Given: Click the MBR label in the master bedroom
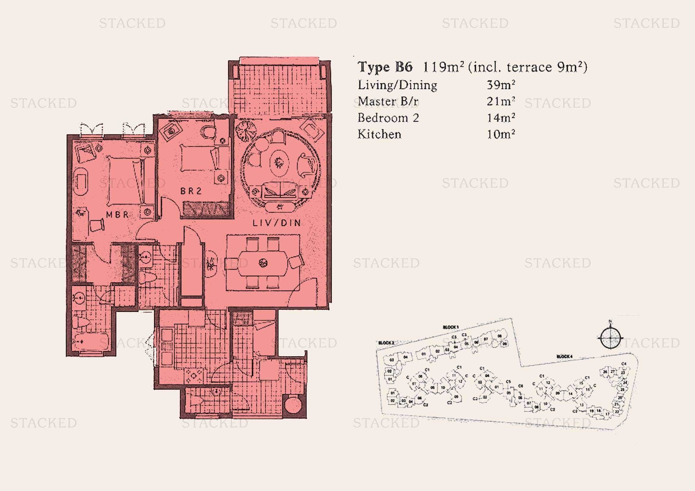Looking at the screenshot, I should [x=117, y=215].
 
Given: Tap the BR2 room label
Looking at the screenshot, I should [x=191, y=191].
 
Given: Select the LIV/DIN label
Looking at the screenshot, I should [x=277, y=223].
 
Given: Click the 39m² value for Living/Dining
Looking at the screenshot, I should [x=501, y=85].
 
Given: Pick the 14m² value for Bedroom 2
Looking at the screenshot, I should [x=501, y=118].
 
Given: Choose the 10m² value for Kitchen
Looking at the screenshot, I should [x=501, y=134].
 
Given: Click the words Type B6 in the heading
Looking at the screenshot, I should [x=385, y=67].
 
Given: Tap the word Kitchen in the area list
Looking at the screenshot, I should [x=379, y=134].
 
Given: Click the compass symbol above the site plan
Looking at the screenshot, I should [x=611, y=338].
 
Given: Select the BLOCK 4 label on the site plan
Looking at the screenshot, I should [x=564, y=357].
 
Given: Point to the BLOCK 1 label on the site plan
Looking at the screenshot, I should [x=451, y=327].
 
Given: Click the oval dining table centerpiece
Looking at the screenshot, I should [x=263, y=263].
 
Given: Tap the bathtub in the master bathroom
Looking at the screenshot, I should [x=91, y=342].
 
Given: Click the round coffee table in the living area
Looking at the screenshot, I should [x=279, y=163].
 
